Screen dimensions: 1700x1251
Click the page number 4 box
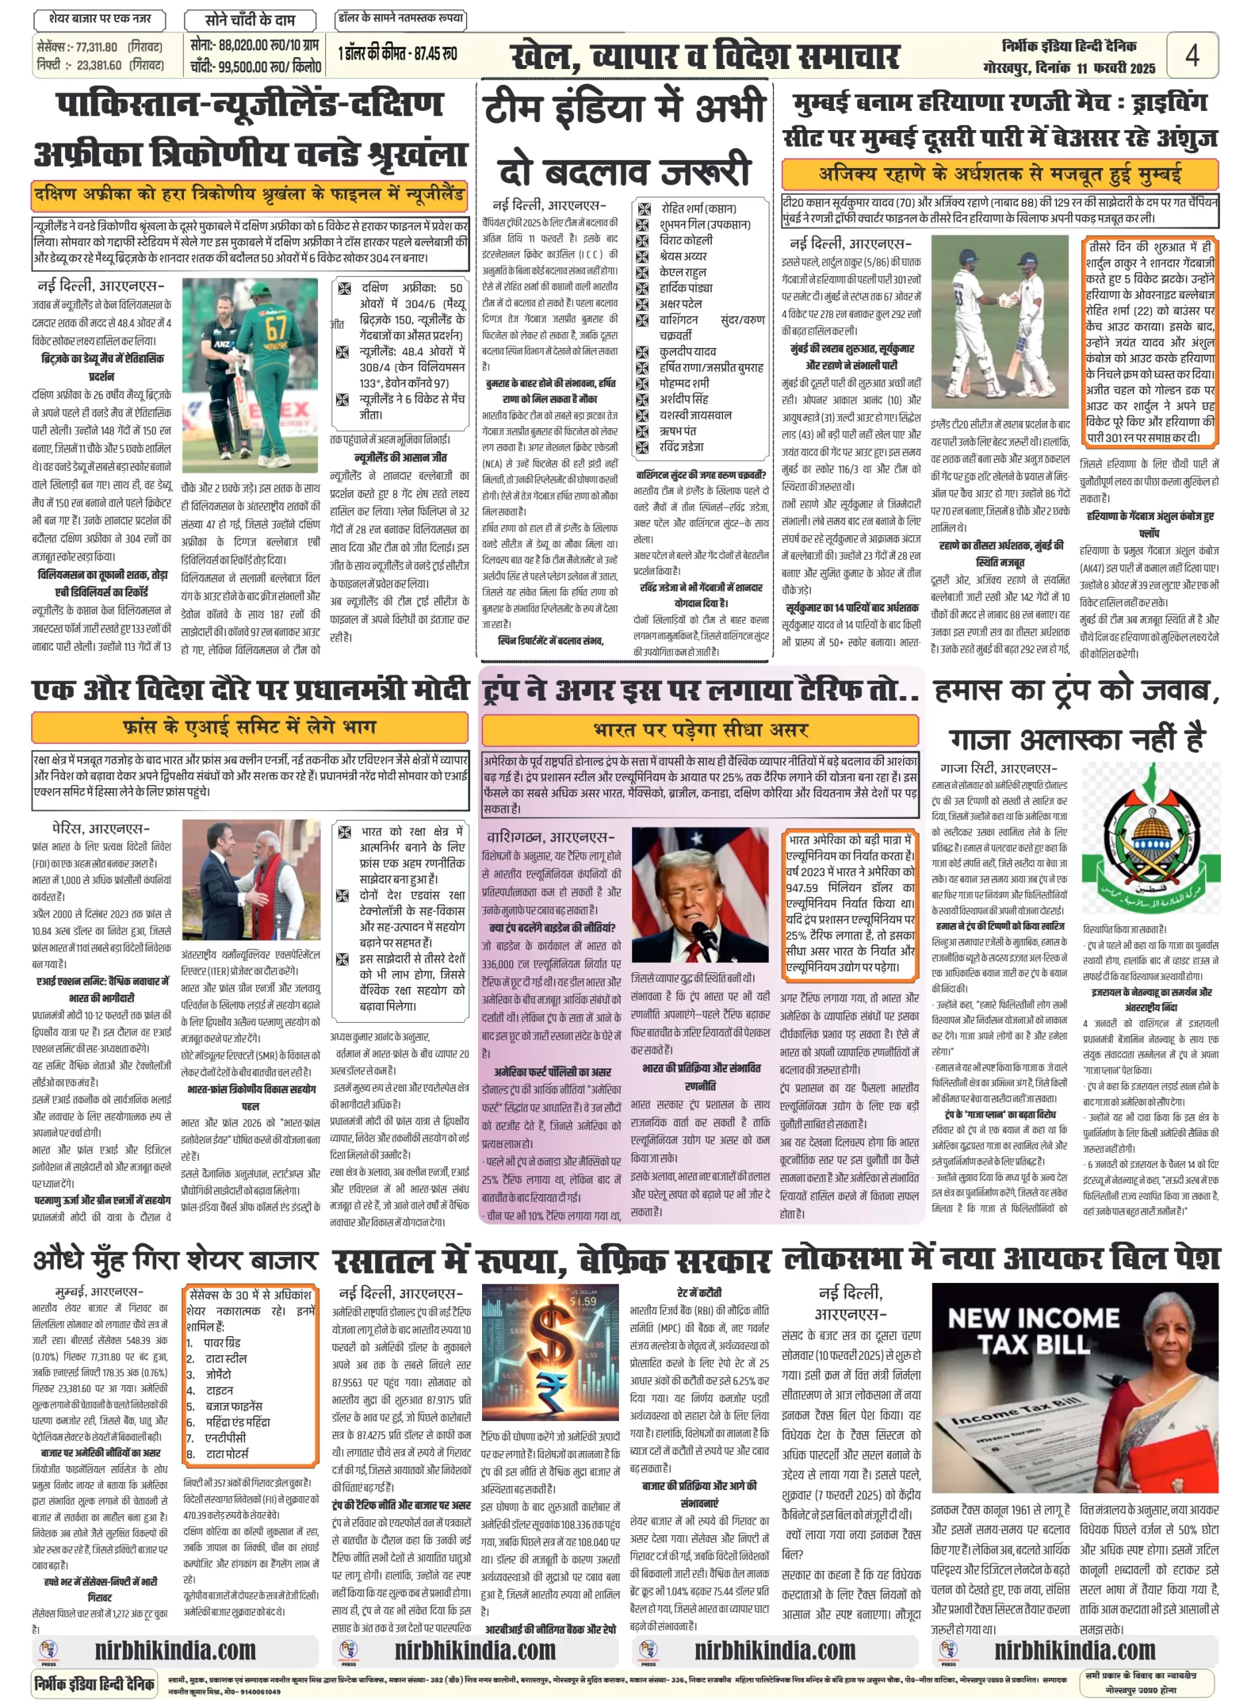[x=1192, y=54]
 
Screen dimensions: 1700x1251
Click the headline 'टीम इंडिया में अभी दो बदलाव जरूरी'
[x=625, y=139]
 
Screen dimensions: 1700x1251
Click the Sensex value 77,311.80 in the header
[x=97, y=47]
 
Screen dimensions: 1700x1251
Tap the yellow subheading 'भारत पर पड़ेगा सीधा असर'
[x=701, y=730]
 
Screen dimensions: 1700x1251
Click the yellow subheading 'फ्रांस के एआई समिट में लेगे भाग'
[x=249, y=727]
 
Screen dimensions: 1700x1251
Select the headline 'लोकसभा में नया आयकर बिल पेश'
[x=1001, y=1258]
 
